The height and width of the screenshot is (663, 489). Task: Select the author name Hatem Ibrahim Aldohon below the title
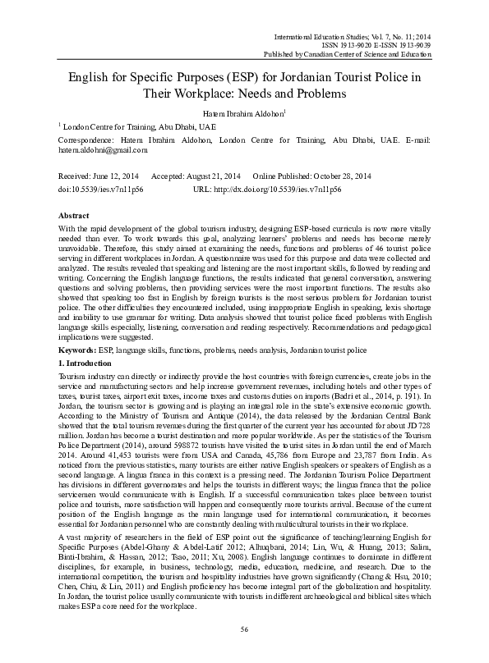tap(244, 113)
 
